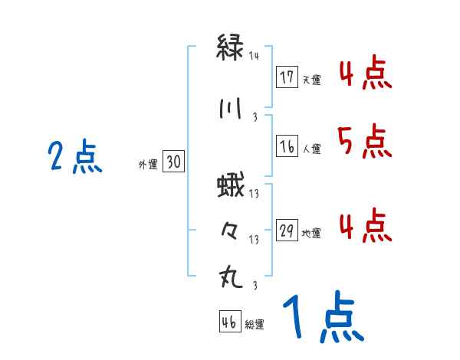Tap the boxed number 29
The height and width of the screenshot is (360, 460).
[x=287, y=232]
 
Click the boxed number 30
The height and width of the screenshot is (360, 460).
[x=173, y=162]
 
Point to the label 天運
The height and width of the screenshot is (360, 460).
[x=312, y=80]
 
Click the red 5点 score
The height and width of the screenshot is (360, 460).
[x=363, y=141]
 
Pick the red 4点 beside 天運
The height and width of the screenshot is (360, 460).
[x=363, y=74]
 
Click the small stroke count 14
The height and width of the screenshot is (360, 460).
[x=255, y=56]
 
